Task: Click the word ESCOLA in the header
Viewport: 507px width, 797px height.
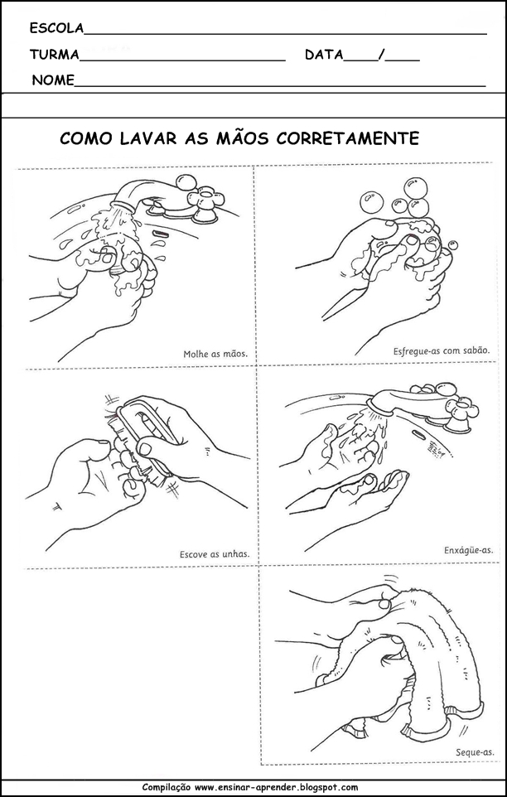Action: [x=56, y=28]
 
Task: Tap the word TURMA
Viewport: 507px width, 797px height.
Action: [x=54, y=56]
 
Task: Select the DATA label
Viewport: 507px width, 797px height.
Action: [x=323, y=56]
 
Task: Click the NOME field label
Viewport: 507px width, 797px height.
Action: [x=53, y=81]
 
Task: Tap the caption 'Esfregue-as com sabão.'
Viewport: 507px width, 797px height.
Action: [x=442, y=350]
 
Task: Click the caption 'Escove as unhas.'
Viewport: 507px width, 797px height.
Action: [x=214, y=553]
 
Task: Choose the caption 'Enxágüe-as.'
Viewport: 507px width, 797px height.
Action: [x=468, y=549]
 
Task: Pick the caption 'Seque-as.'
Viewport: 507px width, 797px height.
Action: [x=475, y=752]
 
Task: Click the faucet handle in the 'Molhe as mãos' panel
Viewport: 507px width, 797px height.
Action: [x=201, y=198]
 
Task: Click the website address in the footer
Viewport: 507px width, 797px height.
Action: [x=277, y=788]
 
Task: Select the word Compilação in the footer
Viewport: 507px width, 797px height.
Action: [x=168, y=788]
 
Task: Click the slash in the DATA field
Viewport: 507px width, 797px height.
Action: [x=380, y=56]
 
